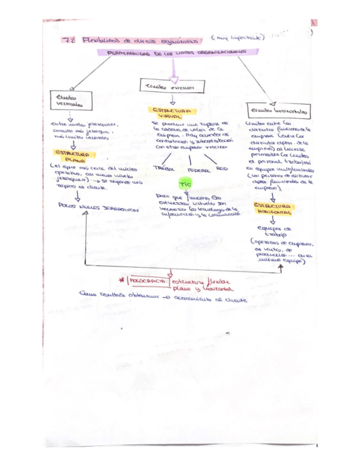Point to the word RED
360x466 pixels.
(221, 168)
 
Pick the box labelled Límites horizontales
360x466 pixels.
(276, 110)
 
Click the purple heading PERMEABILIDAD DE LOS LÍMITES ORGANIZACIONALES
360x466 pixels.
(171, 53)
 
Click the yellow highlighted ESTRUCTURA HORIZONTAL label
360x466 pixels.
(274, 208)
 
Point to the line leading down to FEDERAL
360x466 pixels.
(190, 160)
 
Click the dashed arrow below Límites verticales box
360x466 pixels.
(70, 117)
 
